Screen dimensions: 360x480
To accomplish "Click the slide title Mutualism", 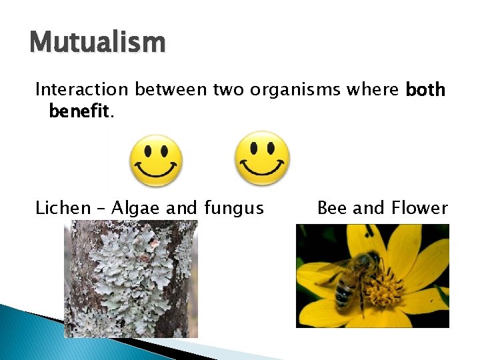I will (97, 43).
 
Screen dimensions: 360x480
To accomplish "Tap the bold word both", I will (425, 89).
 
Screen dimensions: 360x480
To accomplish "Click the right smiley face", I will (262, 159).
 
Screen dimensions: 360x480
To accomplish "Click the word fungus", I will (234, 208).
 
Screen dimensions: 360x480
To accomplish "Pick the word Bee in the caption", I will (332, 208).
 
